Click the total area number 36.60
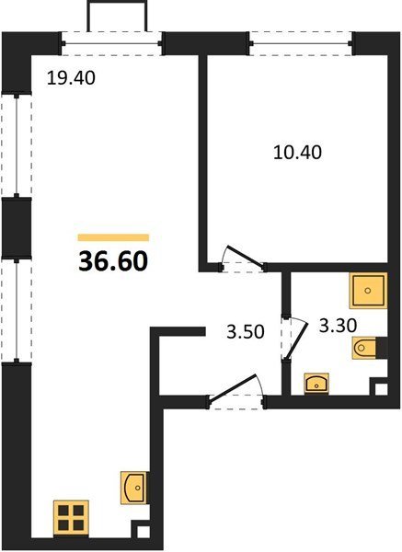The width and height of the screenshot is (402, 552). (x=113, y=261)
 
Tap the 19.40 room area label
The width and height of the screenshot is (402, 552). (x=71, y=78)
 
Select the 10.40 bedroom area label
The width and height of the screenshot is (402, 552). (x=297, y=153)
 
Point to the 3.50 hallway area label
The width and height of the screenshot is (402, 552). (x=246, y=331)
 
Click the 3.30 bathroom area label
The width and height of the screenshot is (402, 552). (x=338, y=326)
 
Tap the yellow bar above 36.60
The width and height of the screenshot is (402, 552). (x=113, y=237)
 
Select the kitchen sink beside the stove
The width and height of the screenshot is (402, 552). (x=134, y=488)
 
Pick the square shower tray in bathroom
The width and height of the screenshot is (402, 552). (x=368, y=291)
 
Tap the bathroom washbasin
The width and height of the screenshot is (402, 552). (x=316, y=384)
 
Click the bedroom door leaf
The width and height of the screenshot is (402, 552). (x=246, y=258)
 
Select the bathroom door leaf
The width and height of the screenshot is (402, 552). (x=296, y=339)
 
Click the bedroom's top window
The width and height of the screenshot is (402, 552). (x=301, y=43)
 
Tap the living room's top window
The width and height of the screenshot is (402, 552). (x=111, y=43)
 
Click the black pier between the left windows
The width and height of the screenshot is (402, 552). (x=17, y=228)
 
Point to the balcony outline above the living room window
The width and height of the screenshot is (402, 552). (x=117, y=15)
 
